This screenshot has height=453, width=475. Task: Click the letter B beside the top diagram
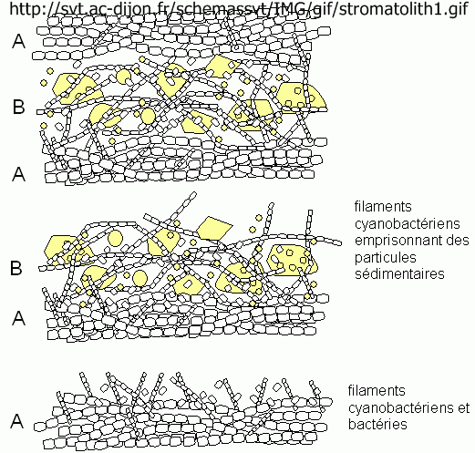click(x=18, y=107)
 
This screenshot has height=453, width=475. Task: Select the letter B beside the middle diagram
click(x=16, y=268)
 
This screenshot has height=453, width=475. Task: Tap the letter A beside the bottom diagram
click(x=17, y=421)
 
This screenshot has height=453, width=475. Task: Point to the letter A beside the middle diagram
click(x=18, y=318)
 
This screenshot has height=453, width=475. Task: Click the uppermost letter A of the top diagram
click(x=18, y=41)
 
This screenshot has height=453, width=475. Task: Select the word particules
click(x=385, y=258)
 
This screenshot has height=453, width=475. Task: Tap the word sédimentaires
click(x=399, y=273)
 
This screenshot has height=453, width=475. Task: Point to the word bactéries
click(x=377, y=424)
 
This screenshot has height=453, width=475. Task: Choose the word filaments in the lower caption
click(x=377, y=390)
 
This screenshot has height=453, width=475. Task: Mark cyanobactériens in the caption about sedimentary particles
click(x=408, y=224)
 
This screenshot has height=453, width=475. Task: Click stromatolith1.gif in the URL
click(x=403, y=9)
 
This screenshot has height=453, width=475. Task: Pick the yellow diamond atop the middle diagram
click(x=214, y=228)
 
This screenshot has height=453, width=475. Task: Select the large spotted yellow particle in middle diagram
click(x=293, y=260)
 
